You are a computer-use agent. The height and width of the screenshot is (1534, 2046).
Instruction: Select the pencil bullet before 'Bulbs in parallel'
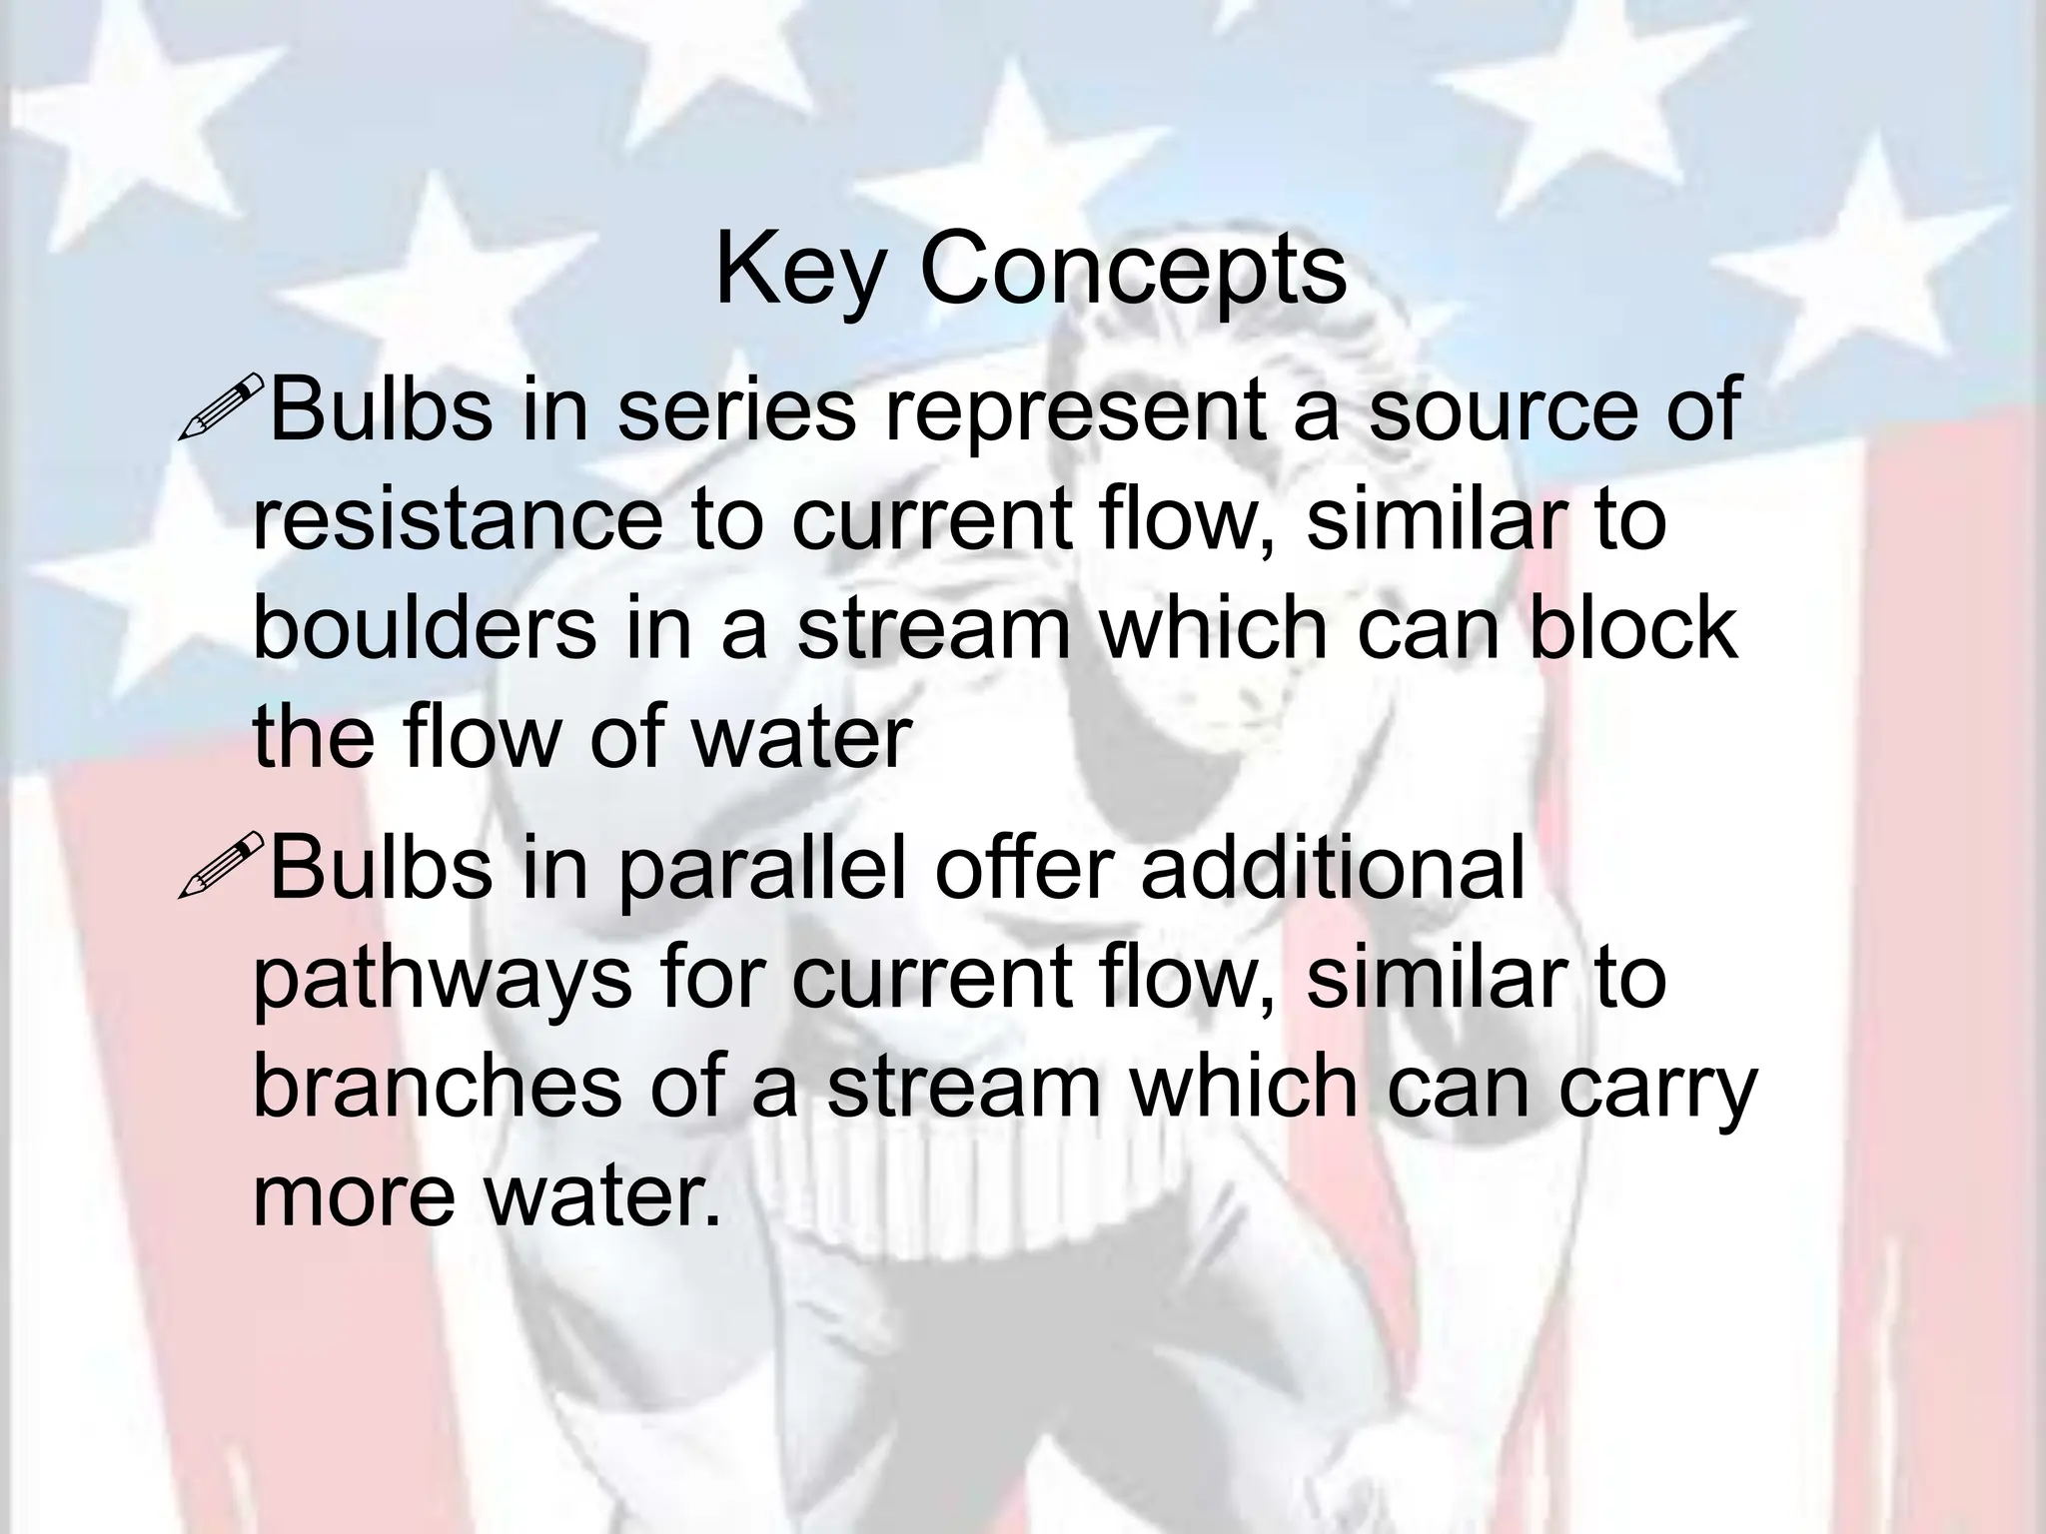click(220, 865)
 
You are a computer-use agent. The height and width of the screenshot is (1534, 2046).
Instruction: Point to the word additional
click(1333, 869)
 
